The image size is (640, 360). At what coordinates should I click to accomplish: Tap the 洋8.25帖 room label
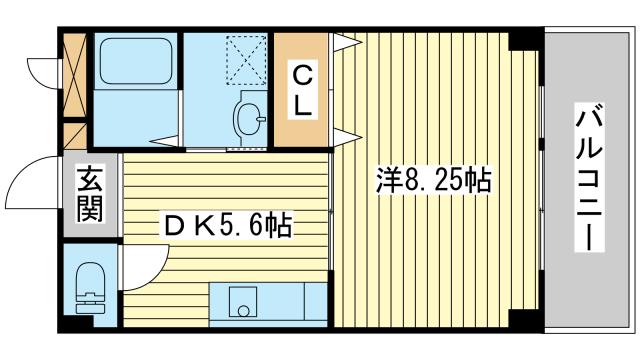pos(433,180)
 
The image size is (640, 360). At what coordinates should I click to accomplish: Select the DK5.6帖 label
pos(228,226)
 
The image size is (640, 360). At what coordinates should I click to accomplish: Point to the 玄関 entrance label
pos(90,193)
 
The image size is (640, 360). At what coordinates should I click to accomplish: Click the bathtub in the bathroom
pos(136,62)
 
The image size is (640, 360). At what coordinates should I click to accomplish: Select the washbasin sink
pos(249,118)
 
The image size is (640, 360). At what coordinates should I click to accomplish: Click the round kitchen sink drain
pos(243,311)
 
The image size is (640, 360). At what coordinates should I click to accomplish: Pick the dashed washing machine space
pos(246,60)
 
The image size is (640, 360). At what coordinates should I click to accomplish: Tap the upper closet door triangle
pos(346,42)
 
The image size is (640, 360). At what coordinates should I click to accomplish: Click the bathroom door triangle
pos(165,141)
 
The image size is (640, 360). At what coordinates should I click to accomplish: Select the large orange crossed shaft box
pos(75,75)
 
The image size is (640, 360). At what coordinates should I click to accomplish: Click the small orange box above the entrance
pos(75,136)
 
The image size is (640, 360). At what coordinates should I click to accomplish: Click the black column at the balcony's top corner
pos(526,39)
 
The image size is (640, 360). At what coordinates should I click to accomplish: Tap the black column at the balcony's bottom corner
pos(526,321)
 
